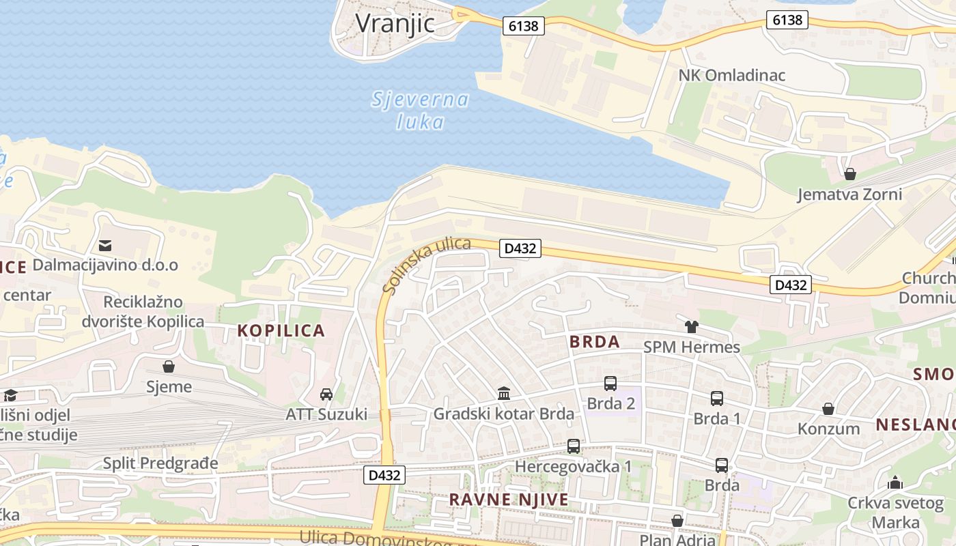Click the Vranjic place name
tap(395, 23)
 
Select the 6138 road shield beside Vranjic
tap(524, 26)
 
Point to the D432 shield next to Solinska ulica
tap(520, 248)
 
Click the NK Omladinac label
tap(731, 75)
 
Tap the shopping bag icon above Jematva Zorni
tap(850, 174)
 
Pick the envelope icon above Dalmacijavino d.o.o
tap(105, 245)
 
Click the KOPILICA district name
tap(281, 331)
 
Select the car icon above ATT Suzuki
tap(326, 394)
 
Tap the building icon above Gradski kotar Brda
tap(504, 393)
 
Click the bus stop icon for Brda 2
tap(610, 384)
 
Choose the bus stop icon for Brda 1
tap(716, 399)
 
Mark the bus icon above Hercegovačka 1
tap(574, 446)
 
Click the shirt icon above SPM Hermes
tap(692, 327)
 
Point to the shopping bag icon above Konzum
tap(828, 409)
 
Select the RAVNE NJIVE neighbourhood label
tap(509, 500)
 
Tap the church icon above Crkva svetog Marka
tap(895, 483)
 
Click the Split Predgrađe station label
tap(160, 463)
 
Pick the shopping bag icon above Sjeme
tap(169, 367)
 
